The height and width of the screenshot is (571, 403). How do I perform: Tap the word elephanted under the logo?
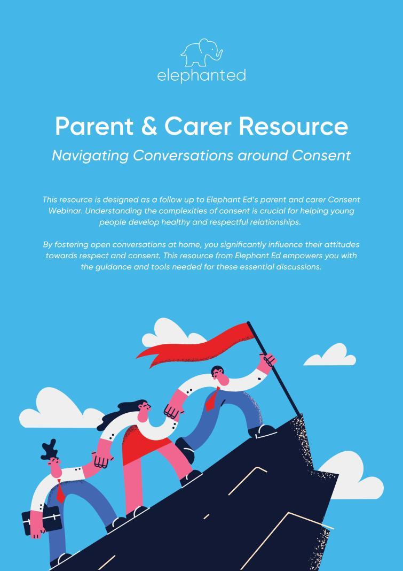202,76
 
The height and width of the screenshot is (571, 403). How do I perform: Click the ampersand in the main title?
149,126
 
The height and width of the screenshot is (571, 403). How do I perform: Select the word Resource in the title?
293,126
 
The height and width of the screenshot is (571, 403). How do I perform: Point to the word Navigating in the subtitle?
90,156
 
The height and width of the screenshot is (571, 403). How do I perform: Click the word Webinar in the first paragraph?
65,211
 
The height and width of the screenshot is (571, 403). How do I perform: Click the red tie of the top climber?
212,399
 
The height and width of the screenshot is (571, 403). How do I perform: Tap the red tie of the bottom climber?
60,492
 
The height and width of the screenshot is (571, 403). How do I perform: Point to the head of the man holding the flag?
219,376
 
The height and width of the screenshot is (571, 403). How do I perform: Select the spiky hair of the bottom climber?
49,450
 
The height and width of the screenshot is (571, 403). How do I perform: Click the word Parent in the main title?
94,126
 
